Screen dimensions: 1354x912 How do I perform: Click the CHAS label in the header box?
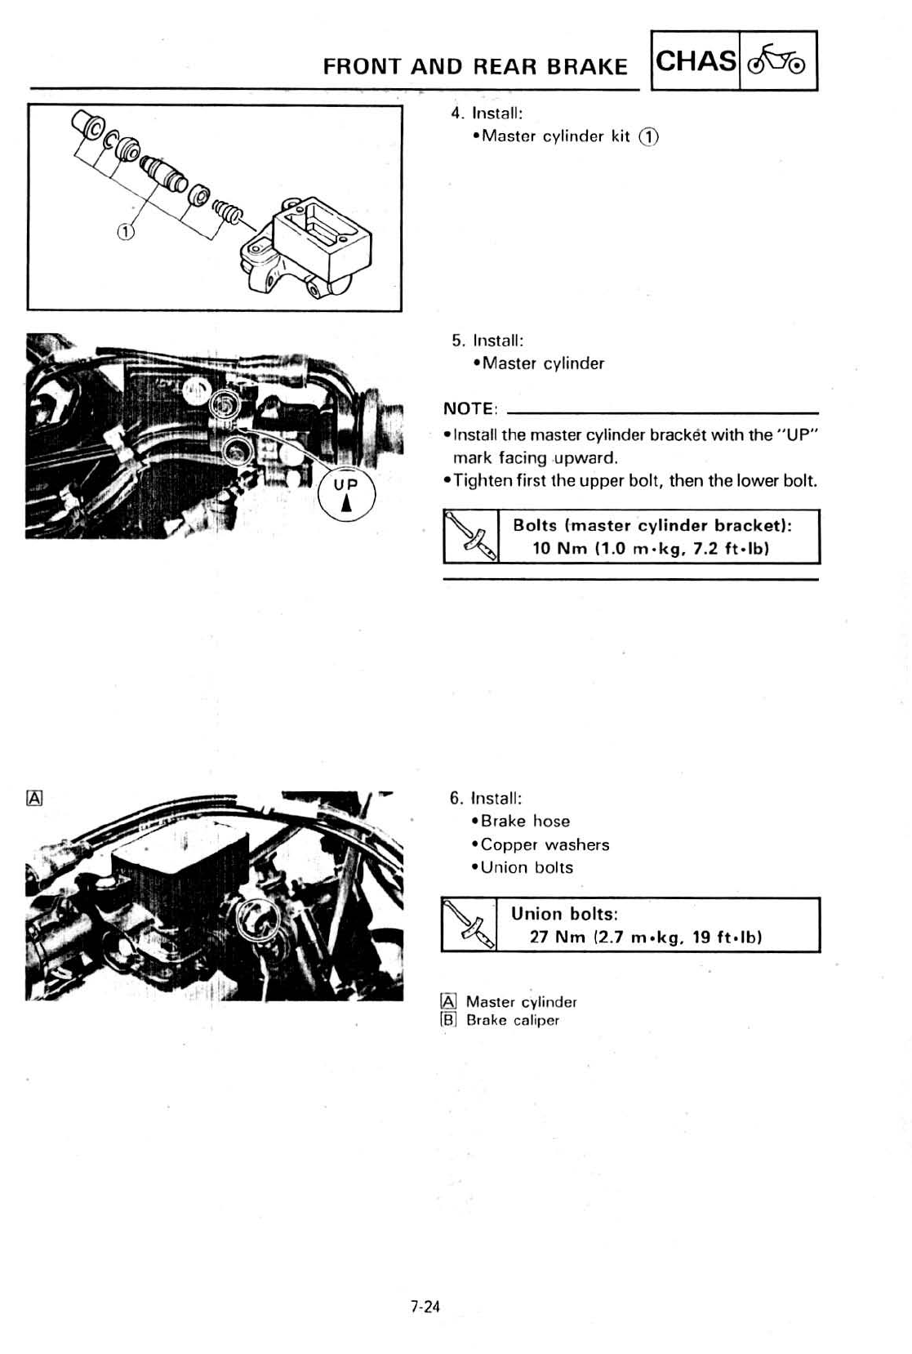[x=696, y=60]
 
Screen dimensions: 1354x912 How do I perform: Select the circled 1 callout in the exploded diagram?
[x=124, y=232]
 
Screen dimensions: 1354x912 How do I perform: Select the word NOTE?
[x=469, y=408]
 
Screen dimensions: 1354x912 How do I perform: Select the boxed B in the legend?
[x=447, y=1019]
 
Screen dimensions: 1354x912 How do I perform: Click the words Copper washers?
[x=545, y=844]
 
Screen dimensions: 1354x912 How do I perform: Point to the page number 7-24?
[x=425, y=1307]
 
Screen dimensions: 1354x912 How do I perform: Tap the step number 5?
[x=457, y=340]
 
